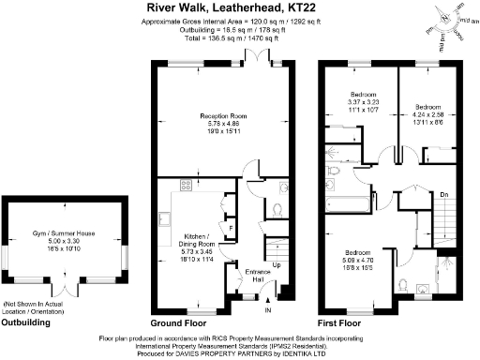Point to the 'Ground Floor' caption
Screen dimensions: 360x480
(x=178, y=322)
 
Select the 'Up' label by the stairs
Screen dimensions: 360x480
(x=276, y=264)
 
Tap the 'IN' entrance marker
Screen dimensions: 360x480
(x=269, y=309)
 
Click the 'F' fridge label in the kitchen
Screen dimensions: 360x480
(x=232, y=227)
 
